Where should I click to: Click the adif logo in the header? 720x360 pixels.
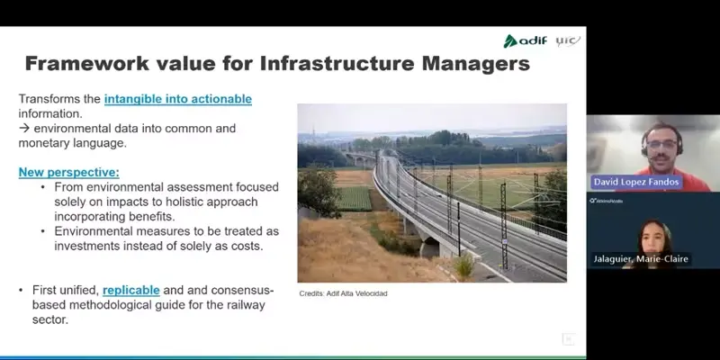526,40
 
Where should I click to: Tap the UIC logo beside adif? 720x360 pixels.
568,40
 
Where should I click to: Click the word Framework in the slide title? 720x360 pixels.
87,63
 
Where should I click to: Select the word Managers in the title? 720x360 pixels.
476,64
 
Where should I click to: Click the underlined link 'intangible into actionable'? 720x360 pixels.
178,99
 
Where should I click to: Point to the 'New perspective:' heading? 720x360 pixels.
69,173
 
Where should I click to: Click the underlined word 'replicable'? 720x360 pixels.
131,290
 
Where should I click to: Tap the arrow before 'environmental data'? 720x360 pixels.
24,128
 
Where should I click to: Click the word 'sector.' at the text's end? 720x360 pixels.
50,319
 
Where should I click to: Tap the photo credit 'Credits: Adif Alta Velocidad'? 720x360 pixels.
344,293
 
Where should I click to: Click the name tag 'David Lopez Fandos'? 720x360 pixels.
636,183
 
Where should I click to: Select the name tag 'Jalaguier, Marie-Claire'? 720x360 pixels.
641,259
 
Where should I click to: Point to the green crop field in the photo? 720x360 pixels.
354,198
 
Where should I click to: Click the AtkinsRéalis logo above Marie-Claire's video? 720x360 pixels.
606,201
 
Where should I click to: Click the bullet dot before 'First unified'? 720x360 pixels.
21,290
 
